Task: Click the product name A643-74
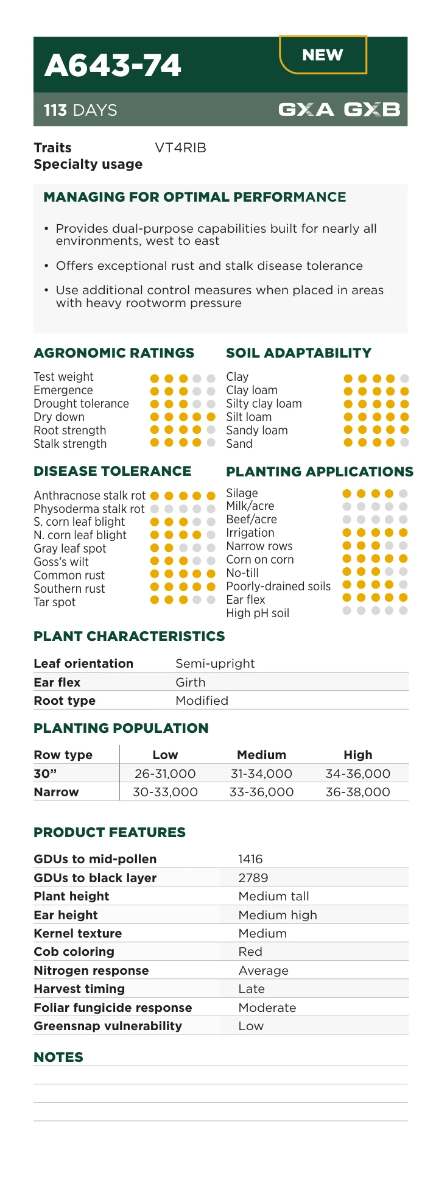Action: tap(113, 66)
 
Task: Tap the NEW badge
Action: tap(323, 55)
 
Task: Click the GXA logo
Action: tap(306, 110)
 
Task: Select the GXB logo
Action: tap(372, 110)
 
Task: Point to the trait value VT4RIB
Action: tap(180, 148)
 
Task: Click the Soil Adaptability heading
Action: tap(298, 353)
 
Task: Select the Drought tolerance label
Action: tap(81, 404)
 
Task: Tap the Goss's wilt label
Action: tap(61, 562)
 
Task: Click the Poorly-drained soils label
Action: tap(278, 586)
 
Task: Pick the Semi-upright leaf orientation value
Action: tap(215, 663)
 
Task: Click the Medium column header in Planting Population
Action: tap(261, 755)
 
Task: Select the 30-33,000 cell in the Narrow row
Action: tap(165, 792)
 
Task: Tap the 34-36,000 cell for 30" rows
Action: tap(357, 774)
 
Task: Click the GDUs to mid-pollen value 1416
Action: tap(250, 859)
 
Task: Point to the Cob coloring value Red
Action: tap(250, 952)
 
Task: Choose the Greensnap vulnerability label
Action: tap(108, 1026)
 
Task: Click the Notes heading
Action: tap(58, 1057)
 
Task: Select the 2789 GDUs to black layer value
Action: tap(253, 878)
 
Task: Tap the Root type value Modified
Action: tap(202, 701)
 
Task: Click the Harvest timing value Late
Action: tap(251, 989)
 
